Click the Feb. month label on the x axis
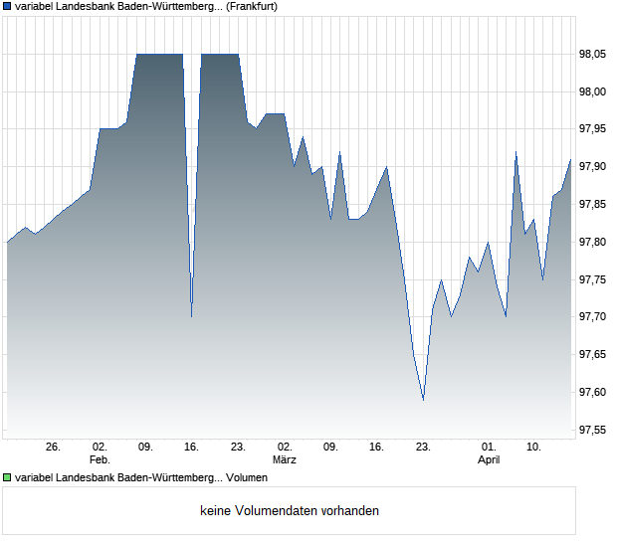tap(99, 460)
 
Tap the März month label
tap(285, 460)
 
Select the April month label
tap(489, 460)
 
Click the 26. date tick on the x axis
tap(53, 448)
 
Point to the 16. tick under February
tap(192, 448)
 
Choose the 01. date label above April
tap(489, 448)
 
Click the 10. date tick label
tap(534, 448)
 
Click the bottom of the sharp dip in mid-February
tap(191, 316)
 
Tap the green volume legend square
tap(7, 478)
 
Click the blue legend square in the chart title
tap(7, 6)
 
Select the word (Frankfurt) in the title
tap(250, 6)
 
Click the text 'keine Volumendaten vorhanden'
tap(290, 511)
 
